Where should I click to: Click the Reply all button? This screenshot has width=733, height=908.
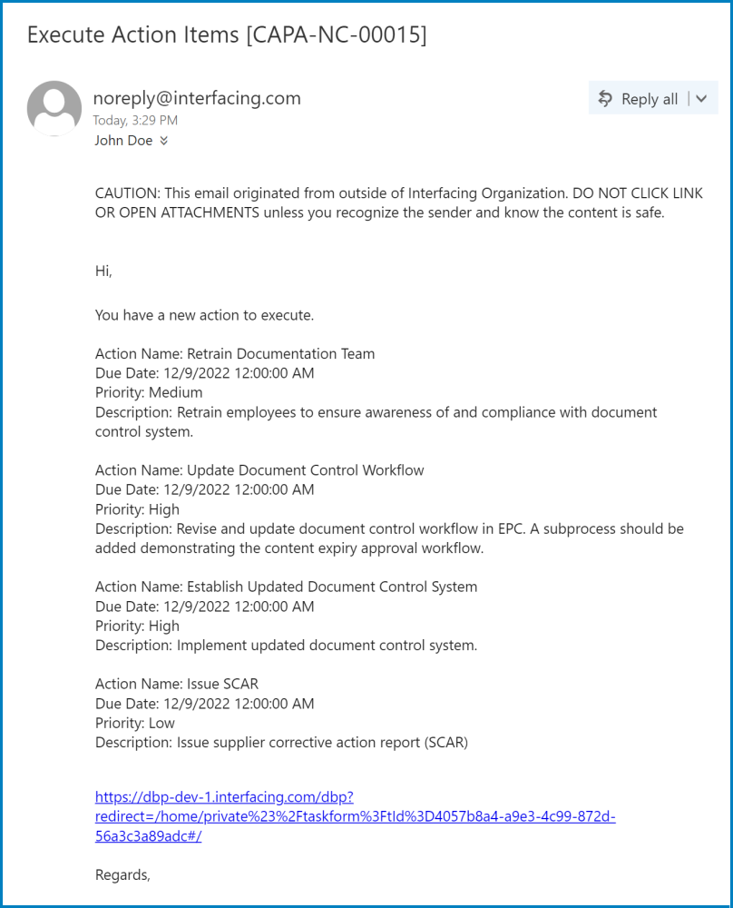(x=639, y=99)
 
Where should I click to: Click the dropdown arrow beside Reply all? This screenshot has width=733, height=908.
(x=700, y=99)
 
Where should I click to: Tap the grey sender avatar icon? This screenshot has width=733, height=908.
(x=54, y=108)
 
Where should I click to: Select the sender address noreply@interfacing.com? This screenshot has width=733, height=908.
(x=197, y=98)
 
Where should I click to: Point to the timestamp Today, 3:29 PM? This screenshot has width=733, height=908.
(x=135, y=120)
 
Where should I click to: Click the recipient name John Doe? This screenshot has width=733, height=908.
(x=123, y=141)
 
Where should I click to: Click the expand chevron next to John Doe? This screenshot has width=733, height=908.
(x=164, y=141)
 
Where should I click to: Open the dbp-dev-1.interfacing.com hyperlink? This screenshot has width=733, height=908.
(x=355, y=816)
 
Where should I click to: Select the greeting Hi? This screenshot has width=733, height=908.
(x=103, y=270)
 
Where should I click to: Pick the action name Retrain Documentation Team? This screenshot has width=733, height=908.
(x=280, y=354)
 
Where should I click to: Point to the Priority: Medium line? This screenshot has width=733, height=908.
(x=149, y=392)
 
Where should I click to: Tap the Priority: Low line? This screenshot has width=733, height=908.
(x=135, y=723)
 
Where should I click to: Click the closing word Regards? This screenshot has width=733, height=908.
(x=122, y=875)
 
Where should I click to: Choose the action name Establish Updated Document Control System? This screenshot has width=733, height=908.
(x=331, y=587)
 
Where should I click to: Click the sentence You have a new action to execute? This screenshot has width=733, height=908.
(x=204, y=315)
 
